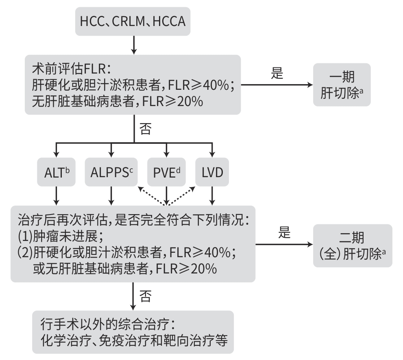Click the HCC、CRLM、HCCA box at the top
click(133, 21)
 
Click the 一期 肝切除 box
click(341, 85)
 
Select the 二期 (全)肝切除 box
click(352, 245)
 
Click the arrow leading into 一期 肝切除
click(277, 85)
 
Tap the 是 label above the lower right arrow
click(284, 233)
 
